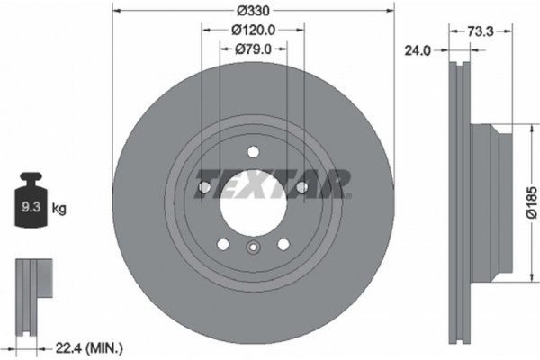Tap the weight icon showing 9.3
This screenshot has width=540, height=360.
click(x=31, y=205)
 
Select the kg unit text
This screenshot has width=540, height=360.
click(x=59, y=209)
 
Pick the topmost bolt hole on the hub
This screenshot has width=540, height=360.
click(x=253, y=151)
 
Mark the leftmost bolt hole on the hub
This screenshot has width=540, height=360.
click(x=202, y=187)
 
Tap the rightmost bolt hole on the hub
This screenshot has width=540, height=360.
click(x=303, y=187)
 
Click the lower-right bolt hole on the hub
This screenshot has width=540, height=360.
click(x=283, y=245)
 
